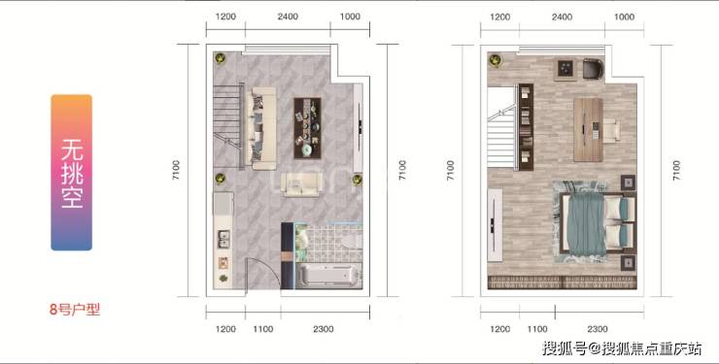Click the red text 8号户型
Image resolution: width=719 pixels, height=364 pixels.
point(75,310)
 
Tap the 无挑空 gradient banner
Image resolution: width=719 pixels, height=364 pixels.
point(72,173)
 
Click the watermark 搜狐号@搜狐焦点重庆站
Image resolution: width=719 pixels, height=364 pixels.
point(622,348)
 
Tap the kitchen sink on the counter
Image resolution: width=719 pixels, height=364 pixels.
point(223,239)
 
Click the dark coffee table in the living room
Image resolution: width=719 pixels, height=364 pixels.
point(307,128)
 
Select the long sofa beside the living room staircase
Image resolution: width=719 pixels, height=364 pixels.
point(260,128)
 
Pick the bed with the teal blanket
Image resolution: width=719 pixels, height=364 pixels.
point(598,223)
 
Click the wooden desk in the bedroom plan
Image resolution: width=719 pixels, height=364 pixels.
point(588,130)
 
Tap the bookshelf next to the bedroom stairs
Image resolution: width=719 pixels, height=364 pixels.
point(526,127)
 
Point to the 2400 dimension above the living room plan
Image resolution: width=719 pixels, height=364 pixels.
point(288,17)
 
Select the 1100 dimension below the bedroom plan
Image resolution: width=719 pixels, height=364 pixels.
point(537,329)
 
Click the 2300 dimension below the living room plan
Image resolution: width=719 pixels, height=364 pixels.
point(324,329)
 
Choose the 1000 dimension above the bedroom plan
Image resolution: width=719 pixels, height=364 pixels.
point(624,17)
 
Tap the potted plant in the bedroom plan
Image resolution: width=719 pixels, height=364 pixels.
point(496,60)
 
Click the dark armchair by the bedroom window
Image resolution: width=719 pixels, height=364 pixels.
point(593,68)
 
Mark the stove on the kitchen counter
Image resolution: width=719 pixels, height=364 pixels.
point(223,263)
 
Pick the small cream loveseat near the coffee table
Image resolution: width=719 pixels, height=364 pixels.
point(301,184)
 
